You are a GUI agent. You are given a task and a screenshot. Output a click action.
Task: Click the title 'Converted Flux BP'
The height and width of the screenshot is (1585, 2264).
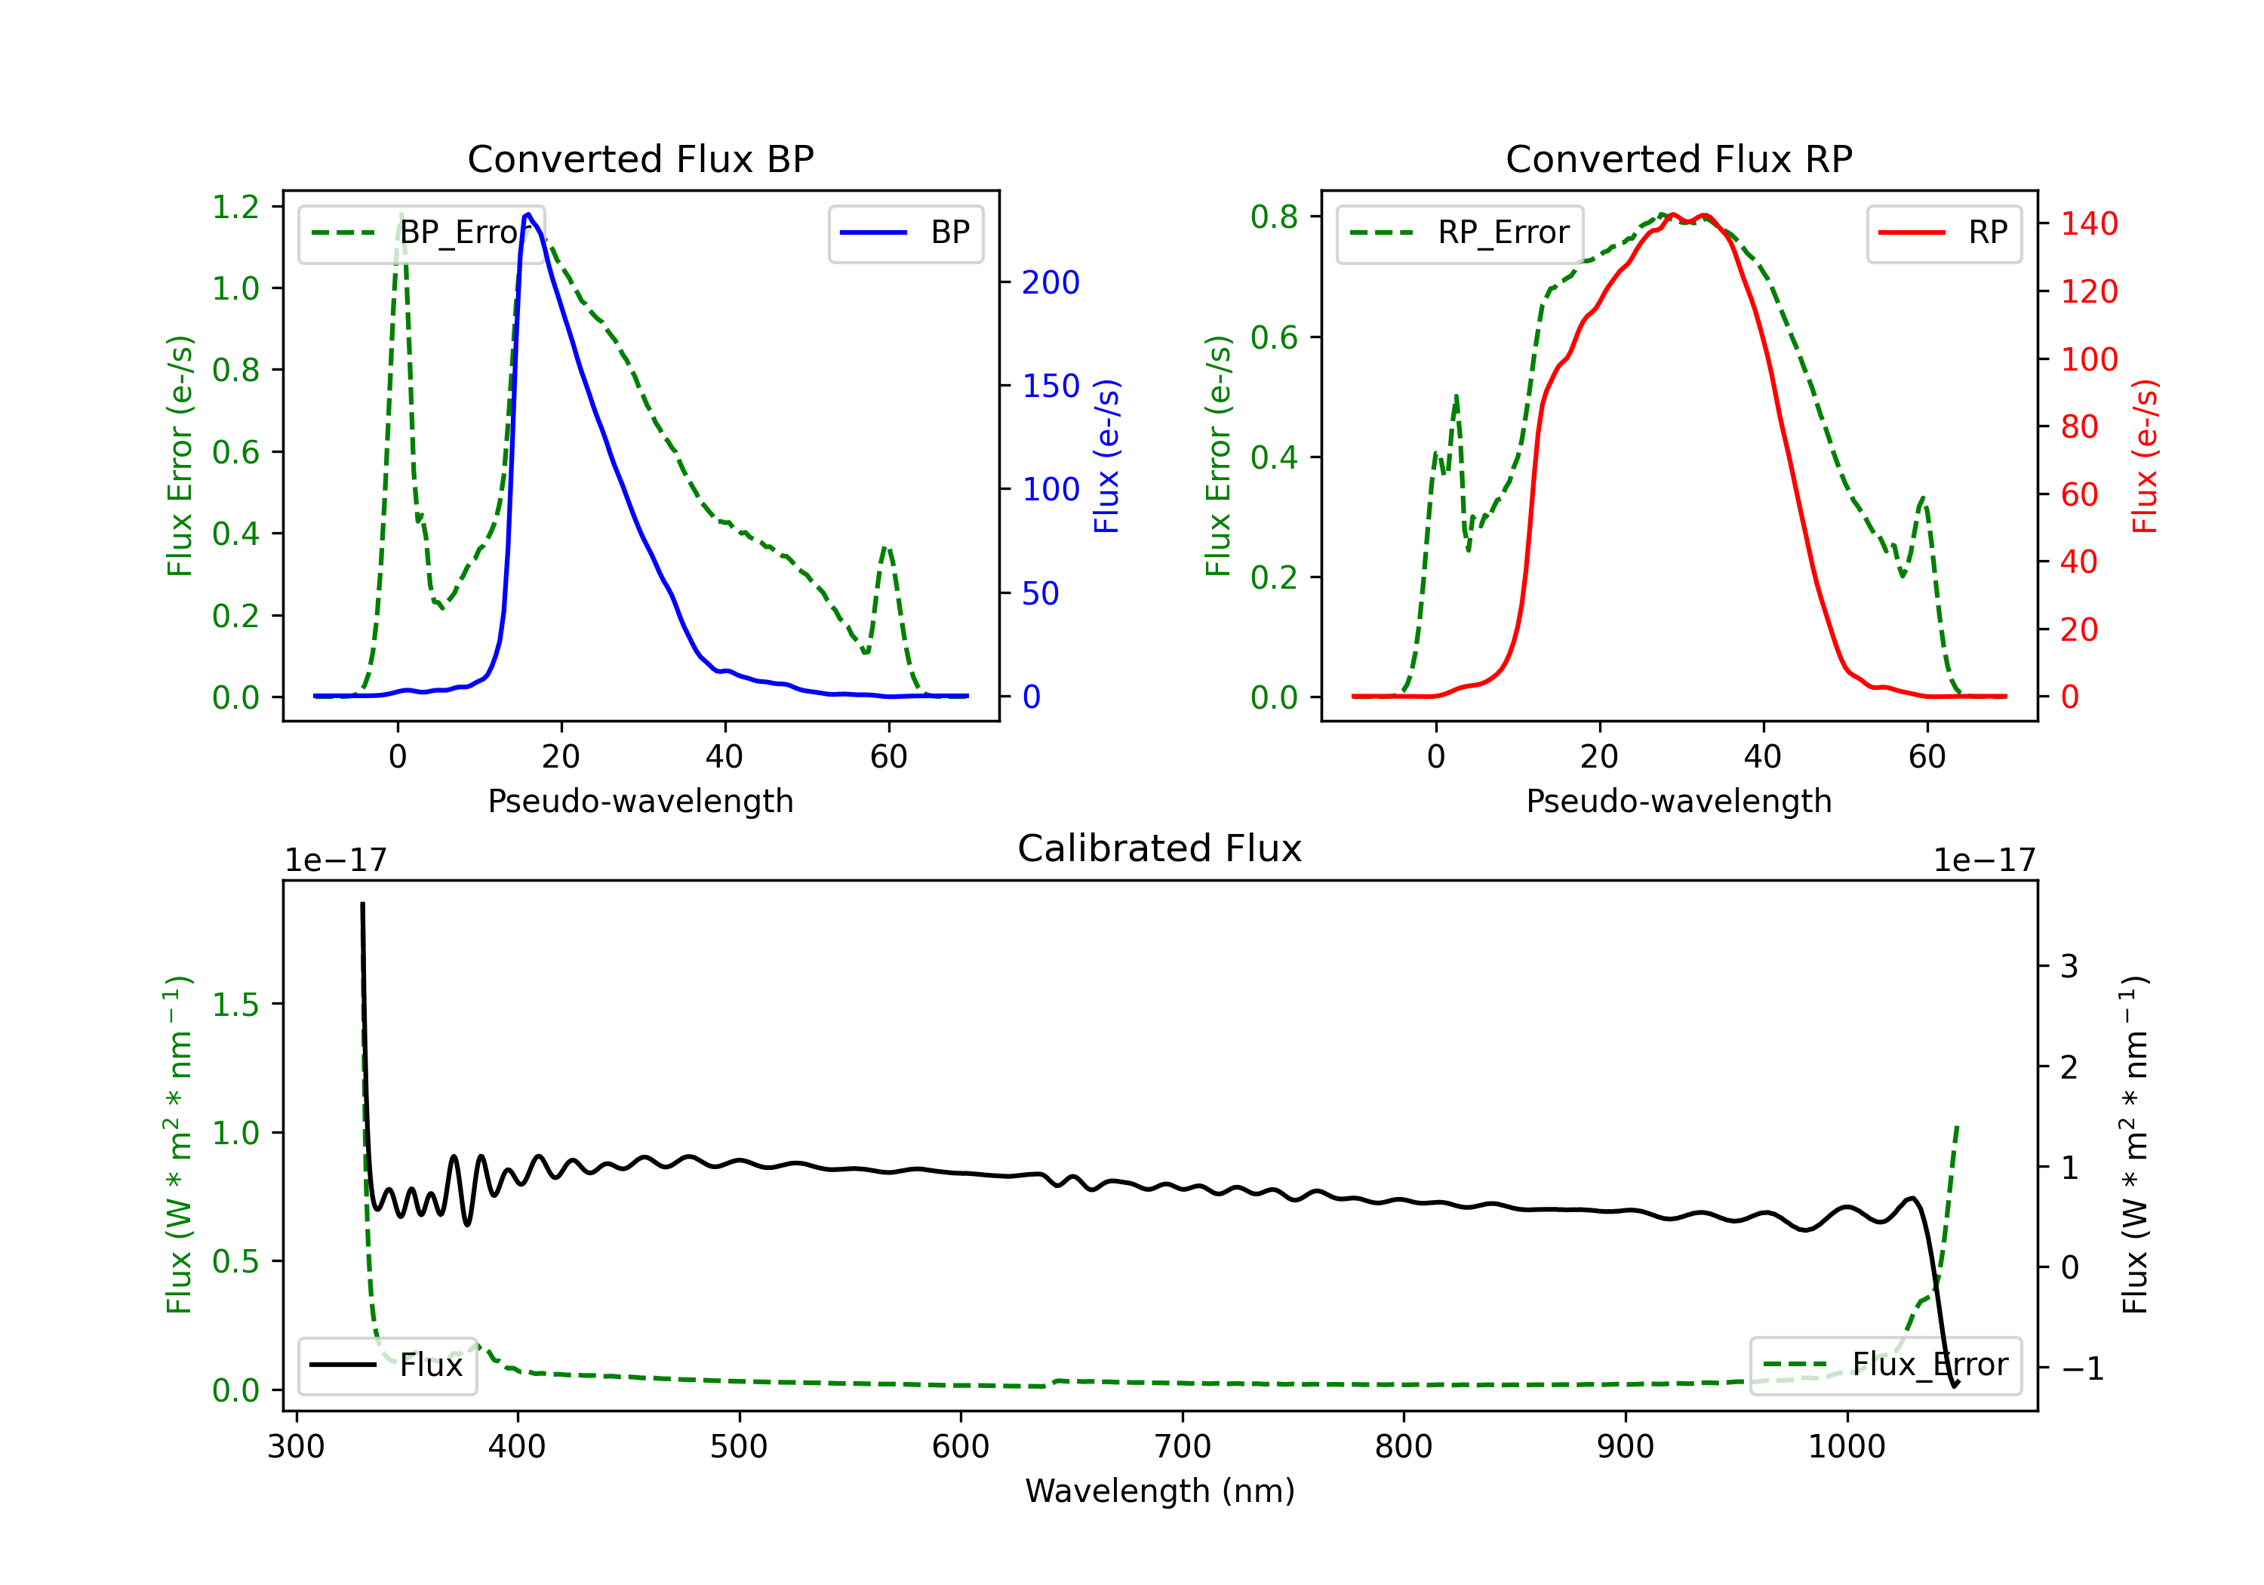[640, 158]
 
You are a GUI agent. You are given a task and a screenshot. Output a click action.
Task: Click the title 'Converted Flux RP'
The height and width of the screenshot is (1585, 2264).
[1678, 158]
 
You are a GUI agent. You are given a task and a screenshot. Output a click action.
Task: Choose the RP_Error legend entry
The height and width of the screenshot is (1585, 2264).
[1460, 232]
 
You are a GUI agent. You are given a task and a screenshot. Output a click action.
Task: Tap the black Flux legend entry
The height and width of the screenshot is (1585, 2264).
[388, 1365]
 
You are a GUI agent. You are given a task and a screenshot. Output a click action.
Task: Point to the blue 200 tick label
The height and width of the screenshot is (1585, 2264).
[1050, 283]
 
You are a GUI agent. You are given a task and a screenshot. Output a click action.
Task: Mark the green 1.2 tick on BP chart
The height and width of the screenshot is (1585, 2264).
[235, 207]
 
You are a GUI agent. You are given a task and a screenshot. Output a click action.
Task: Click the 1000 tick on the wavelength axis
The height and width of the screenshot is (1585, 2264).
[1846, 1447]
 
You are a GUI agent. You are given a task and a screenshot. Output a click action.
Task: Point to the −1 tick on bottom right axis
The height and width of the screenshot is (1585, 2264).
[2081, 1368]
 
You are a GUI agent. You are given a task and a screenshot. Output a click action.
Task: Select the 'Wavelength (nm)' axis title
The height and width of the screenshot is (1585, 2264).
[1160, 1491]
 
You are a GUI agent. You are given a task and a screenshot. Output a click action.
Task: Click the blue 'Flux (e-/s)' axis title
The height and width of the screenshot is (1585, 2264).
[1107, 456]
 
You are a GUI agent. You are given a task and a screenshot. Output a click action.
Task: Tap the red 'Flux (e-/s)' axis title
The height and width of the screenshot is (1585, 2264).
[2146, 456]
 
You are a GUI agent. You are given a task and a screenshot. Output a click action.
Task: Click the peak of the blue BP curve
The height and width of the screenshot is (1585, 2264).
[528, 214]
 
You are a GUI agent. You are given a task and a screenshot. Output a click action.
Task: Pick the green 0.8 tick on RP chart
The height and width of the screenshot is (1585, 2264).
[1274, 217]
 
